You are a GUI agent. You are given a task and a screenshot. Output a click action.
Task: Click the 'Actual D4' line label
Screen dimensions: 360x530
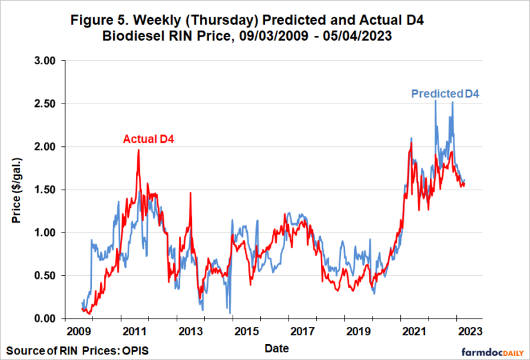[148, 139]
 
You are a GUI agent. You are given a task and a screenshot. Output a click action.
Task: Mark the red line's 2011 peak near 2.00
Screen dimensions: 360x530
[138, 150]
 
